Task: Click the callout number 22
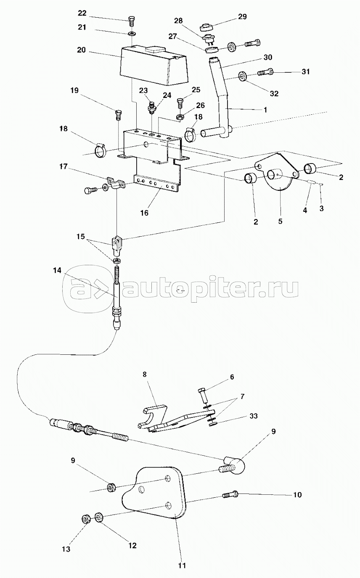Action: [82, 13]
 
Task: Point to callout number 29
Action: [242, 17]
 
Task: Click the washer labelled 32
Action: [243, 76]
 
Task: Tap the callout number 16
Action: [145, 213]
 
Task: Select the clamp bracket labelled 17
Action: [115, 182]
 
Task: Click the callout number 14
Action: [57, 270]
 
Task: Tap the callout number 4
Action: [305, 210]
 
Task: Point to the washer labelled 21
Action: [132, 34]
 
